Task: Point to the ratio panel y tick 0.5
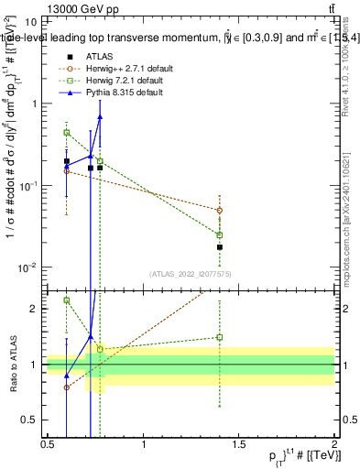coord(28,420)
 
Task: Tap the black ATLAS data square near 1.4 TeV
coord(220,247)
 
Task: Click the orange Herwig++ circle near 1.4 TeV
coord(220,210)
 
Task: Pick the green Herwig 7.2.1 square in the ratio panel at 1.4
coord(220,337)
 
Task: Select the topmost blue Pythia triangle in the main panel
coord(100,117)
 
